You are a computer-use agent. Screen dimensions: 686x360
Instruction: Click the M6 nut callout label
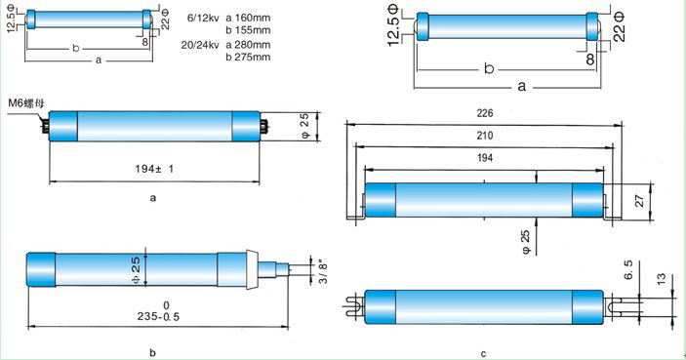click(25, 103)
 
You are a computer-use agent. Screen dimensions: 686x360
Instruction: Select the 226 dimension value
click(485, 113)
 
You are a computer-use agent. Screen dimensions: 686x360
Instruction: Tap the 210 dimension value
click(485, 136)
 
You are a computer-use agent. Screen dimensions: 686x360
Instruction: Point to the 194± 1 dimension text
click(154, 169)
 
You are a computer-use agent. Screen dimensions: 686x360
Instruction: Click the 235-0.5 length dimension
click(158, 316)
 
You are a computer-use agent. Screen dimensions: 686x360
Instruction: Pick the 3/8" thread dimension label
click(323, 271)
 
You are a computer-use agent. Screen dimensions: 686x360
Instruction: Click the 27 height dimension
click(639, 201)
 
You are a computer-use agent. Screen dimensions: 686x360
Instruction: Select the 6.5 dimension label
click(627, 270)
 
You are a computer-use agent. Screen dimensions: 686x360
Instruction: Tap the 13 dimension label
click(661, 279)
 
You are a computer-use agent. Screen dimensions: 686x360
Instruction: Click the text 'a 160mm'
click(248, 18)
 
